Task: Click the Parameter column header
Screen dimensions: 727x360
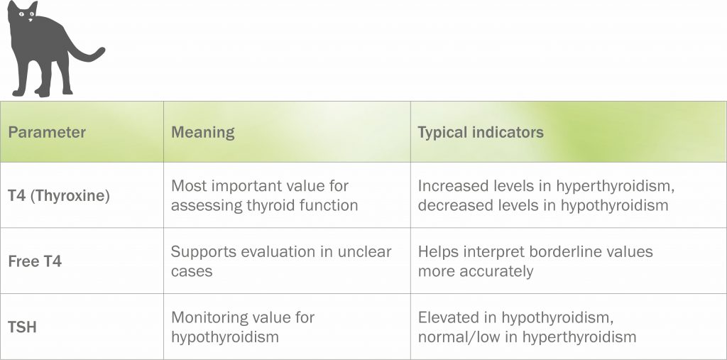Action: pos(47,132)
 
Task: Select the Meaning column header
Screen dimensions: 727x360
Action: pos(202,132)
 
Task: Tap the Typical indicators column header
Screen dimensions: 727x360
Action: pos(481,132)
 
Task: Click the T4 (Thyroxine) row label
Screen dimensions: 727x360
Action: pos(59,196)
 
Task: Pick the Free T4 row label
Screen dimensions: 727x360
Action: pos(35,261)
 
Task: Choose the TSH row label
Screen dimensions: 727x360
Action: pos(22,327)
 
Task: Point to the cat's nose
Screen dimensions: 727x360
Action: pos(30,19)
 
